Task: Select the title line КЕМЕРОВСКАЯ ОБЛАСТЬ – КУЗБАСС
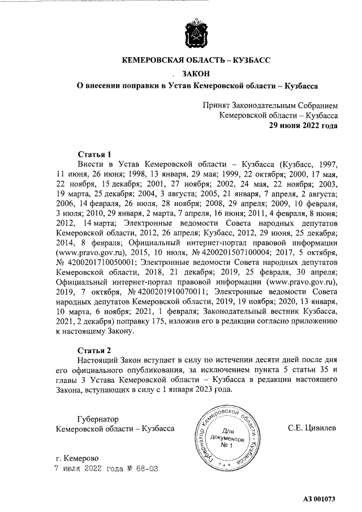click(x=197, y=59)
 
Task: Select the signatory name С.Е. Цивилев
click(x=312, y=428)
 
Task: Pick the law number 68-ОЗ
click(x=146, y=468)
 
